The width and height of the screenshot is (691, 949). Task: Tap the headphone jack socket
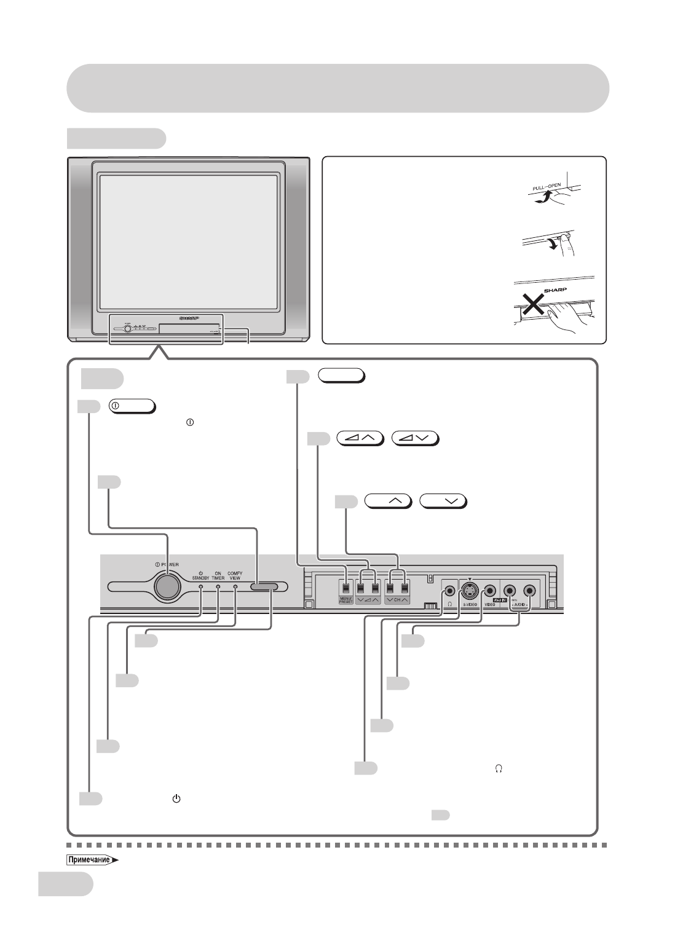pyautogui.click(x=451, y=590)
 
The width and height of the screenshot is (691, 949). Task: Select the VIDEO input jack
pyautogui.click(x=490, y=591)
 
